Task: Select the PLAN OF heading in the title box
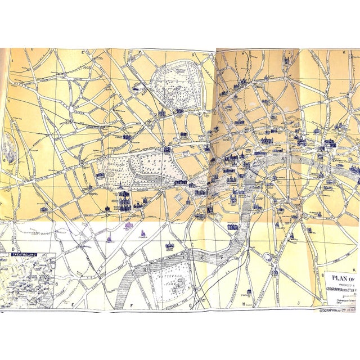click(x=344, y=277)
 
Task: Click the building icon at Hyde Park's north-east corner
click(x=168, y=149)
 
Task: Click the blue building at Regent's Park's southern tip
click(x=179, y=111)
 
